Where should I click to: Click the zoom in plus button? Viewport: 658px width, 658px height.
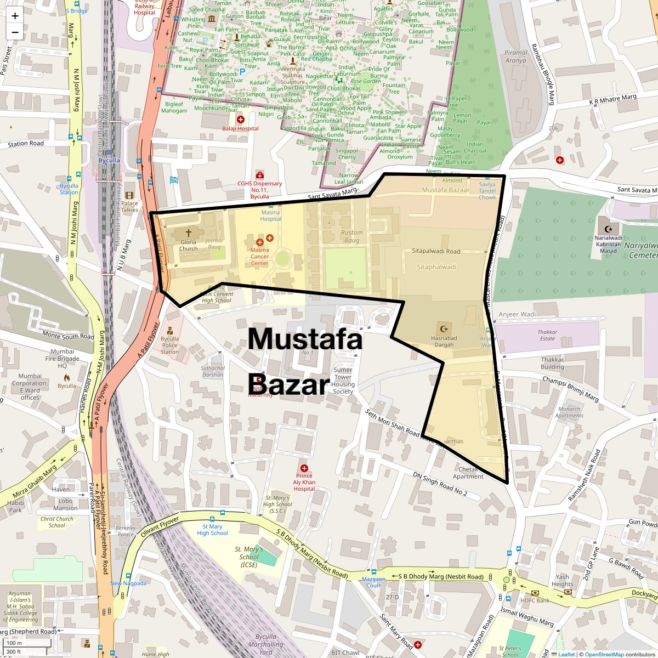pyautogui.click(x=15, y=15)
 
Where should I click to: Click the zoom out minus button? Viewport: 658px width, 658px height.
pyautogui.click(x=15, y=32)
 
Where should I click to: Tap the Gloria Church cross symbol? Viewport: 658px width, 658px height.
pyautogui.click(x=188, y=233)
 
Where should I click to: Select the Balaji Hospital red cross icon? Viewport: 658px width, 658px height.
pyautogui.click(x=240, y=119)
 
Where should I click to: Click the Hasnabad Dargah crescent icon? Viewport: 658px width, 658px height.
pyautogui.click(x=444, y=329)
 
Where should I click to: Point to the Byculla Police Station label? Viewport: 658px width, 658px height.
pyautogui.click(x=169, y=345)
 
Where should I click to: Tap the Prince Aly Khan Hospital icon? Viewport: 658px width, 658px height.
pyautogui.click(x=304, y=468)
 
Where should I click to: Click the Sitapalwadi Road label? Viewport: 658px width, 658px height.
pyautogui.click(x=436, y=251)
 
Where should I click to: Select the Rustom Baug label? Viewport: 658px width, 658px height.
pyautogui.click(x=351, y=236)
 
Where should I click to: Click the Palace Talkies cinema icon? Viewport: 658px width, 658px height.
pyautogui.click(x=129, y=195)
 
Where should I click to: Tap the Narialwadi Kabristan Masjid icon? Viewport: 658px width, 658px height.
pyautogui.click(x=607, y=228)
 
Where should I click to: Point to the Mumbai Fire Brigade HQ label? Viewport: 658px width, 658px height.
pyautogui.click(x=62, y=359)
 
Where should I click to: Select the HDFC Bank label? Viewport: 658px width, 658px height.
pyautogui.click(x=535, y=600)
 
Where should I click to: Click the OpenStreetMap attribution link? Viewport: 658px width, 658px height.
pyautogui.click(x=604, y=654)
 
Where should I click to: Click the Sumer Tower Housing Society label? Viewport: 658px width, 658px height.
pyautogui.click(x=343, y=381)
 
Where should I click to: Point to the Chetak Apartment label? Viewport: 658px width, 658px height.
pyautogui.click(x=468, y=473)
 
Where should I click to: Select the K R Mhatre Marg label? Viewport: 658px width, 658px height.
pyautogui.click(x=612, y=100)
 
